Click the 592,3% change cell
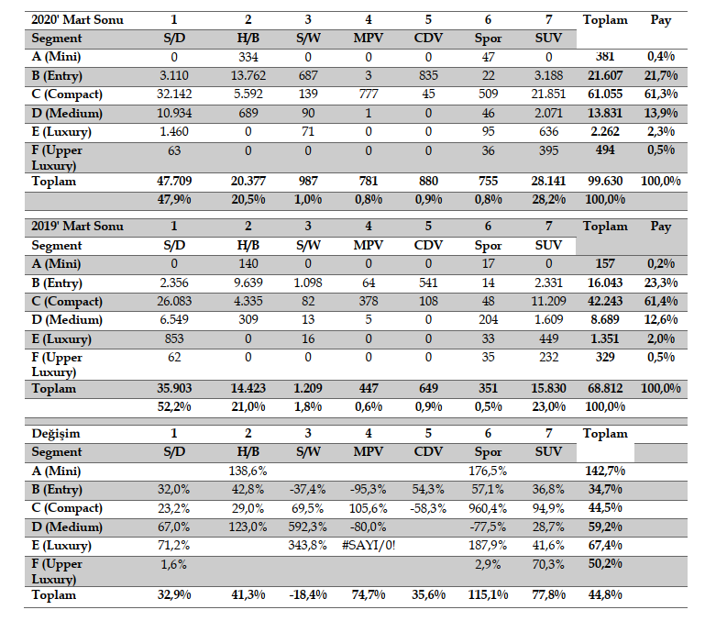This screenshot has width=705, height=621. click(x=308, y=527)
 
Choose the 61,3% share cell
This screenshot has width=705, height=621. click(x=660, y=94)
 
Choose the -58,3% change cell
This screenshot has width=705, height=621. click(x=430, y=508)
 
